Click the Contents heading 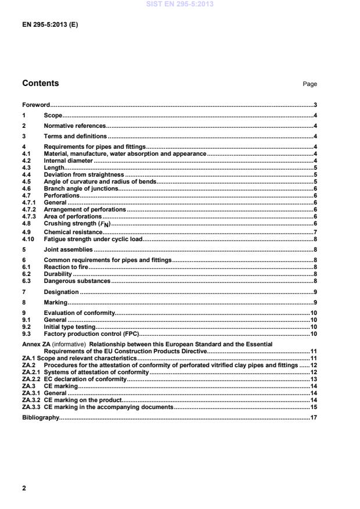point(40,83)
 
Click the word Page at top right point(309,84)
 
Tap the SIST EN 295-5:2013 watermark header point(180,3)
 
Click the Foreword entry point(35,105)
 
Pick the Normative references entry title point(75,126)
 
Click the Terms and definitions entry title point(75,136)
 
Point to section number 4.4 point(26,174)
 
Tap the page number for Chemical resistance point(314,232)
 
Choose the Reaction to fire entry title point(64,267)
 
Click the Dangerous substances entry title point(77,281)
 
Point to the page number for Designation point(314,292)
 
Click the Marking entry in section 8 point(56,303)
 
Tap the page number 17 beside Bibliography point(313,418)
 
